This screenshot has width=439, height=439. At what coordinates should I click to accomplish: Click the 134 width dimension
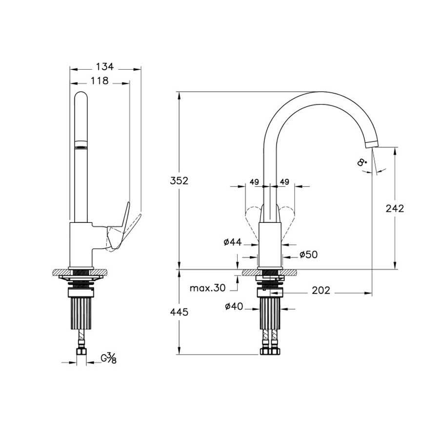point(105,67)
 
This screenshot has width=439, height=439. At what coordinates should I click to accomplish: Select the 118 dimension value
point(100,81)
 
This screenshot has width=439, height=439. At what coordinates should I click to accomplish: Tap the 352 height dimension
point(179,181)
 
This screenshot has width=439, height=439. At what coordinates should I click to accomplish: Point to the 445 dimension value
point(179,312)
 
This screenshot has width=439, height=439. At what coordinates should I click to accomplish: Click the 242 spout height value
point(395,209)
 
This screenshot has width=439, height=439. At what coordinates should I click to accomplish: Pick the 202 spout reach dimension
point(321,290)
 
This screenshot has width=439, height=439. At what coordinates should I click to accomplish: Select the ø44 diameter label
point(233,242)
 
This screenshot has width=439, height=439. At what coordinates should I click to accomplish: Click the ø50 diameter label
point(309,255)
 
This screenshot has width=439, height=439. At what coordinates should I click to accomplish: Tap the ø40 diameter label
point(234,306)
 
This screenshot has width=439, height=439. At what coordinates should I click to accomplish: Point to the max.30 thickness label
point(207,288)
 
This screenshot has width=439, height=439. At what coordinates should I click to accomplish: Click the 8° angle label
point(362,162)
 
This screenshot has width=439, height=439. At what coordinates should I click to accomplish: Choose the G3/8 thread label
point(108,358)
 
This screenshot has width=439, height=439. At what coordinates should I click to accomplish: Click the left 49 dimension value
point(254,182)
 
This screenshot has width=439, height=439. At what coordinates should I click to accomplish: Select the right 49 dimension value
point(284,182)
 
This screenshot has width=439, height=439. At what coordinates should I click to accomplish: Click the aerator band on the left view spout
point(81,145)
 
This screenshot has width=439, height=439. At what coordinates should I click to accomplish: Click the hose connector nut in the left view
point(81,352)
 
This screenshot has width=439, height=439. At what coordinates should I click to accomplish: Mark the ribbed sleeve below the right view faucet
point(270,313)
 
